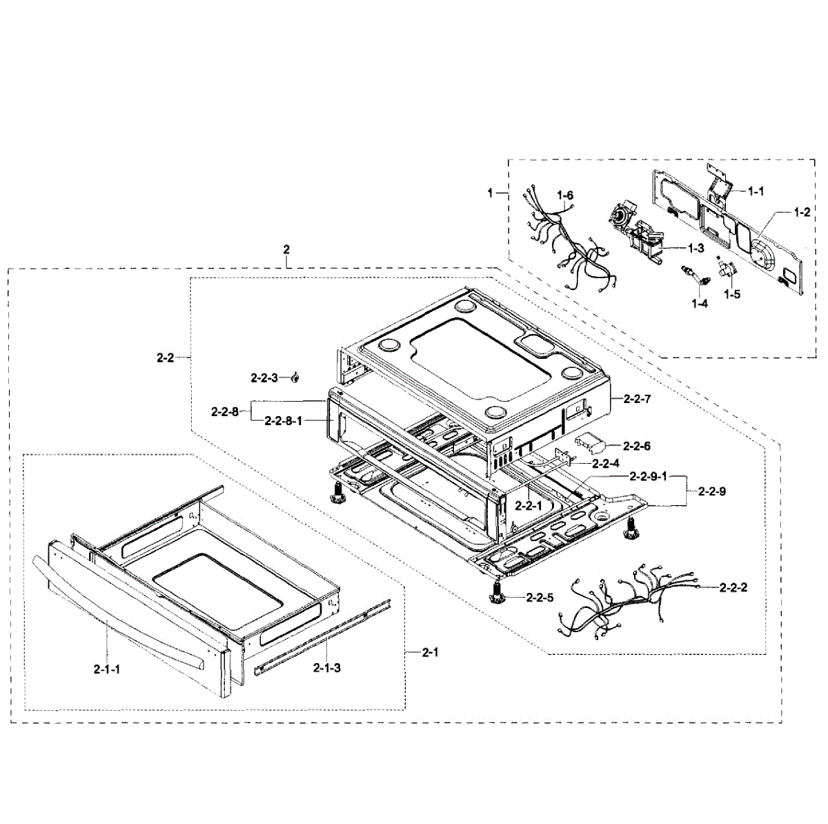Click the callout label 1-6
(x=566, y=196)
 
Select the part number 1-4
(x=699, y=303)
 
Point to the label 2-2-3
(x=264, y=377)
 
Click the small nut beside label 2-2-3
(x=295, y=376)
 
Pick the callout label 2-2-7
(x=636, y=399)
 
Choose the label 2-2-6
(x=636, y=447)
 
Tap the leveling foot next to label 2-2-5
(x=495, y=592)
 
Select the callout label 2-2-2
(x=733, y=587)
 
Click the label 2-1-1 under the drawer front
(x=107, y=668)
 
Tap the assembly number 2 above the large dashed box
(x=286, y=248)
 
